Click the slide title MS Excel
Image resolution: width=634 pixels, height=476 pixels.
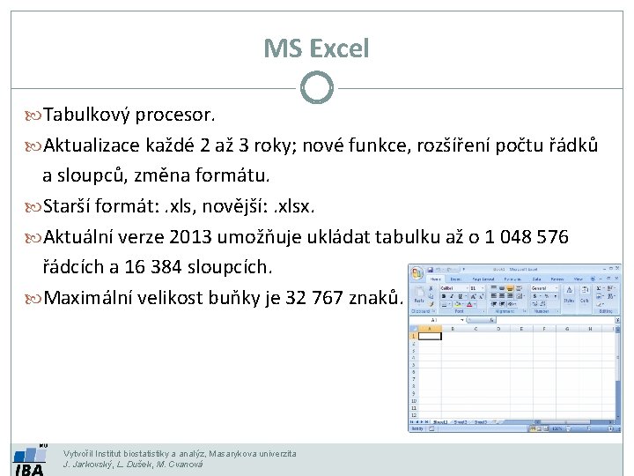point(316,48)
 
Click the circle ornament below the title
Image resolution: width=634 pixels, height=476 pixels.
point(316,88)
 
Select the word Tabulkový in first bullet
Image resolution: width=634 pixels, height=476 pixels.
point(85,115)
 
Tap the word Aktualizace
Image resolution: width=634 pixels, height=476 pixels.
point(97,145)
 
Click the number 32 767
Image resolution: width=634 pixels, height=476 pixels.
point(318,298)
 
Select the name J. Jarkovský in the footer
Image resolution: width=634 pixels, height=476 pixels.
point(88,464)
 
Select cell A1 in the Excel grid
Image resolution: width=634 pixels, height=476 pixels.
point(429,336)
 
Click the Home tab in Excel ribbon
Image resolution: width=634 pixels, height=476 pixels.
point(435,279)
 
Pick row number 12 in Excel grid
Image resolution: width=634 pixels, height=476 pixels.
point(413,415)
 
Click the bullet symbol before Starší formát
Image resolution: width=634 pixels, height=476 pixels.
point(33,206)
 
